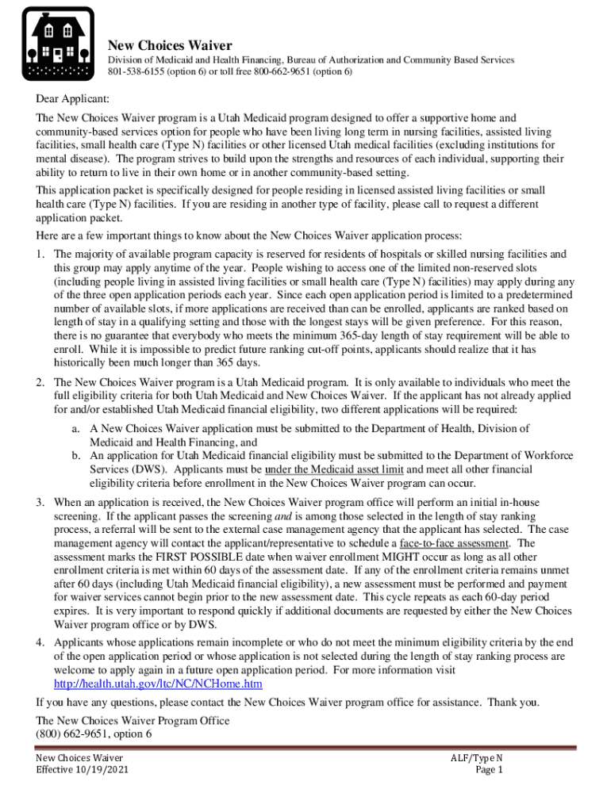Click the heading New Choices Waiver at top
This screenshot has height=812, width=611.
click(170, 45)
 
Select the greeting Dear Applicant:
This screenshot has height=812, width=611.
click(72, 99)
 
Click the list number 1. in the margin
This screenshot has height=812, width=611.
click(40, 255)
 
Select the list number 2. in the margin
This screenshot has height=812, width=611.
click(40, 383)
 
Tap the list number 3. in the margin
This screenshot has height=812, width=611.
click(40, 503)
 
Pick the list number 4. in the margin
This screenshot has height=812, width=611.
click(40, 642)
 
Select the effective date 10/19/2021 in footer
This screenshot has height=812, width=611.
click(101, 770)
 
